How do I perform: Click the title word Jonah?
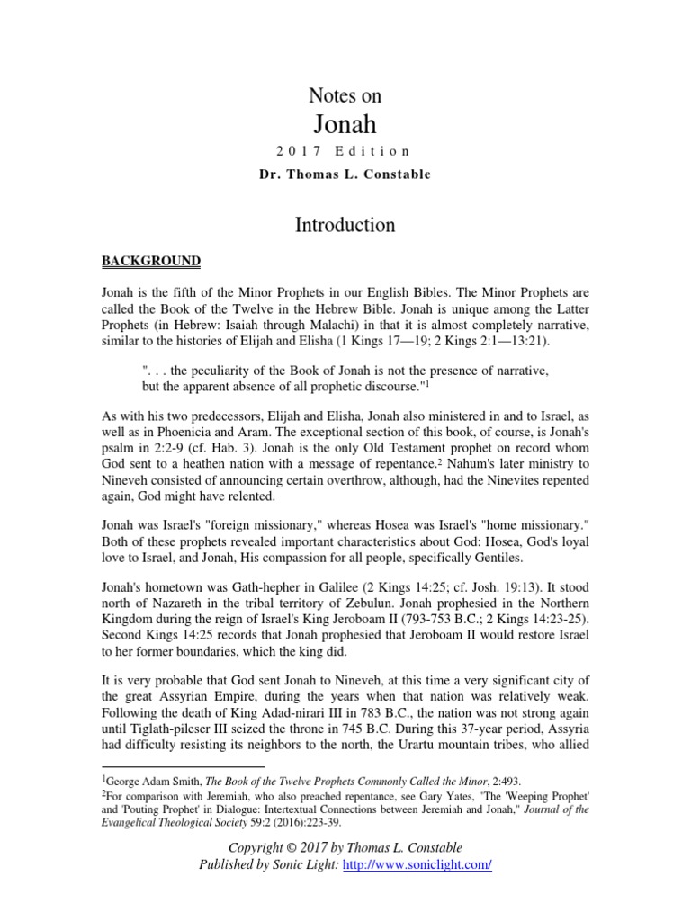(x=345, y=123)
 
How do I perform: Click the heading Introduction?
(x=345, y=224)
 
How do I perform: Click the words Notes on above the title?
(x=345, y=95)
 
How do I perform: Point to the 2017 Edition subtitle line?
(x=345, y=151)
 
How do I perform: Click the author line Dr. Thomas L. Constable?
(x=345, y=174)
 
